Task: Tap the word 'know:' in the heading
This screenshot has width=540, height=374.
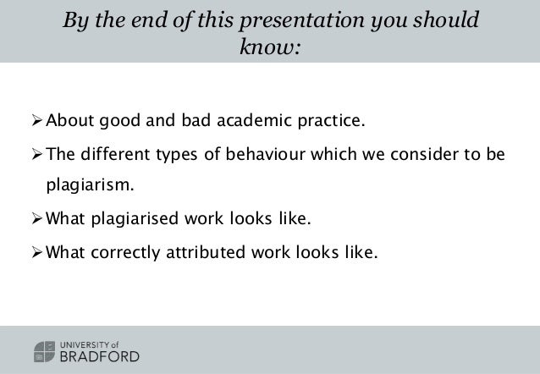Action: click(x=270, y=47)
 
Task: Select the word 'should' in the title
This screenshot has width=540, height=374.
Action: click(x=445, y=19)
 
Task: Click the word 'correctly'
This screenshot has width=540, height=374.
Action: click(x=124, y=250)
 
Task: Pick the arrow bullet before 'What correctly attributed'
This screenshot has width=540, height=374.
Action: click(x=36, y=250)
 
